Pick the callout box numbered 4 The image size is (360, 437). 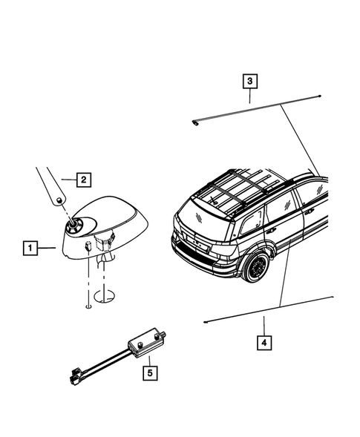click(263, 343)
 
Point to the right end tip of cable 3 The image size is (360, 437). click(318, 97)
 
